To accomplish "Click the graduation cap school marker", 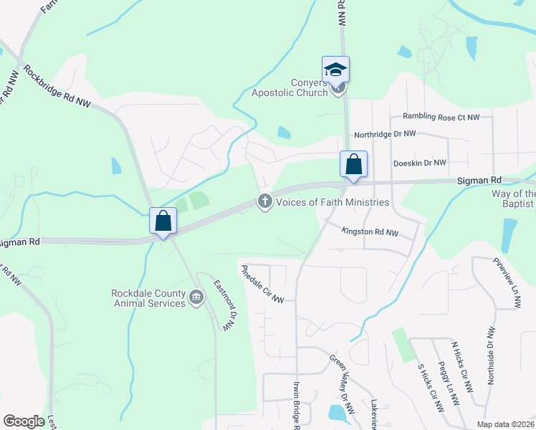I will pos(335,70).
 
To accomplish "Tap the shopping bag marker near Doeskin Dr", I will pos(354,164).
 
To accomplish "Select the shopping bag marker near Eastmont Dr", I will pos(163,221).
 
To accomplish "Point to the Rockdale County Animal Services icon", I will pos(196,297).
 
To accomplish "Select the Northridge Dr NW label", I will pos(386,134).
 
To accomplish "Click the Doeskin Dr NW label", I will pos(420,163).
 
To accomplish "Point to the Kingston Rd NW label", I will pos(370,231).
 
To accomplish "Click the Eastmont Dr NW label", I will pos(224,305).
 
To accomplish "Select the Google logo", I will pos(24,421).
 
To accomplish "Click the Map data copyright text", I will pos(504,424).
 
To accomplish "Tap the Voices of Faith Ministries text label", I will pos(332,202).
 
